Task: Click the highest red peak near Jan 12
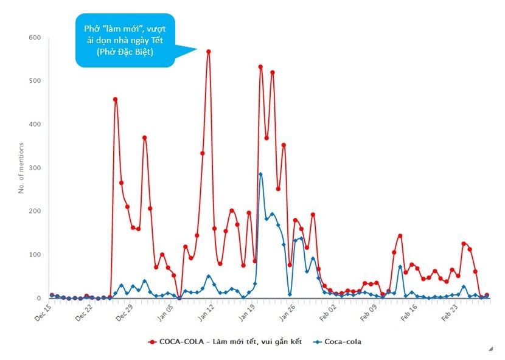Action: (x=208, y=52)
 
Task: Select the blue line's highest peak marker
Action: (x=260, y=174)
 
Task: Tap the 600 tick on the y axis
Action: (x=35, y=38)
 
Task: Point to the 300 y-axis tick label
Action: (x=35, y=168)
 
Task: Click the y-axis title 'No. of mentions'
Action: (x=21, y=168)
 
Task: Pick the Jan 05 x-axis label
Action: (x=165, y=312)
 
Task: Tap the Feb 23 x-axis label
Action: (x=450, y=312)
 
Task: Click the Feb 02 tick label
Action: (x=328, y=312)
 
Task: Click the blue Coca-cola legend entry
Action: (x=337, y=342)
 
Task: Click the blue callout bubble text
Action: (x=125, y=40)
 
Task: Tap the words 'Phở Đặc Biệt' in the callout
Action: (x=125, y=52)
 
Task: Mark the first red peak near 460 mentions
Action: (x=115, y=100)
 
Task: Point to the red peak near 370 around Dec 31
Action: (x=145, y=137)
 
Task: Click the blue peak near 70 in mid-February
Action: (x=400, y=267)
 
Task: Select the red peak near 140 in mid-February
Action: (x=400, y=236)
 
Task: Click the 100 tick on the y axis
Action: (x=35, y=255)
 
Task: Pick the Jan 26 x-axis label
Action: (x=287, y=312)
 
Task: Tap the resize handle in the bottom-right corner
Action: (x=491, y=348)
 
